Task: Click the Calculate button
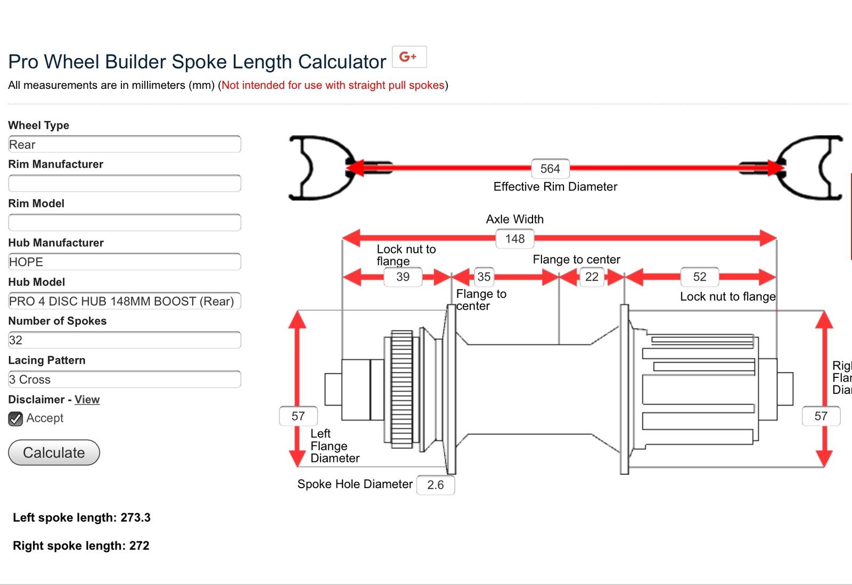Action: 54,452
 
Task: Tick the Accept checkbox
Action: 15,418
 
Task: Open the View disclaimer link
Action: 87,399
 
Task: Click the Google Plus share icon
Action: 409,57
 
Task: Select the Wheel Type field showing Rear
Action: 125,144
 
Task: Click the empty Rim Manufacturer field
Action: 125,183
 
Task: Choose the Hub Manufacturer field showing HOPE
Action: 125,262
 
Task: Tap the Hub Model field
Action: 125,301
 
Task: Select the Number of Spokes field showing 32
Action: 125,340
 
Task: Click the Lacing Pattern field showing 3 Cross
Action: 125,380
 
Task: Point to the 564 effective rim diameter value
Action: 550,169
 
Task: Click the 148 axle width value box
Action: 515,239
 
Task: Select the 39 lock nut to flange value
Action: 403,277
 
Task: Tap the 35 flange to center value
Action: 484,277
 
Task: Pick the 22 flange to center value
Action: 592,277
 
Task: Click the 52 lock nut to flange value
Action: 700,277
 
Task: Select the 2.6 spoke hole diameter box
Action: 436,485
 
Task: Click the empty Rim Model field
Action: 125,223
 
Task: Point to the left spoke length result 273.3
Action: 135,517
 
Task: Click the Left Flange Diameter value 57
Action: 298,416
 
